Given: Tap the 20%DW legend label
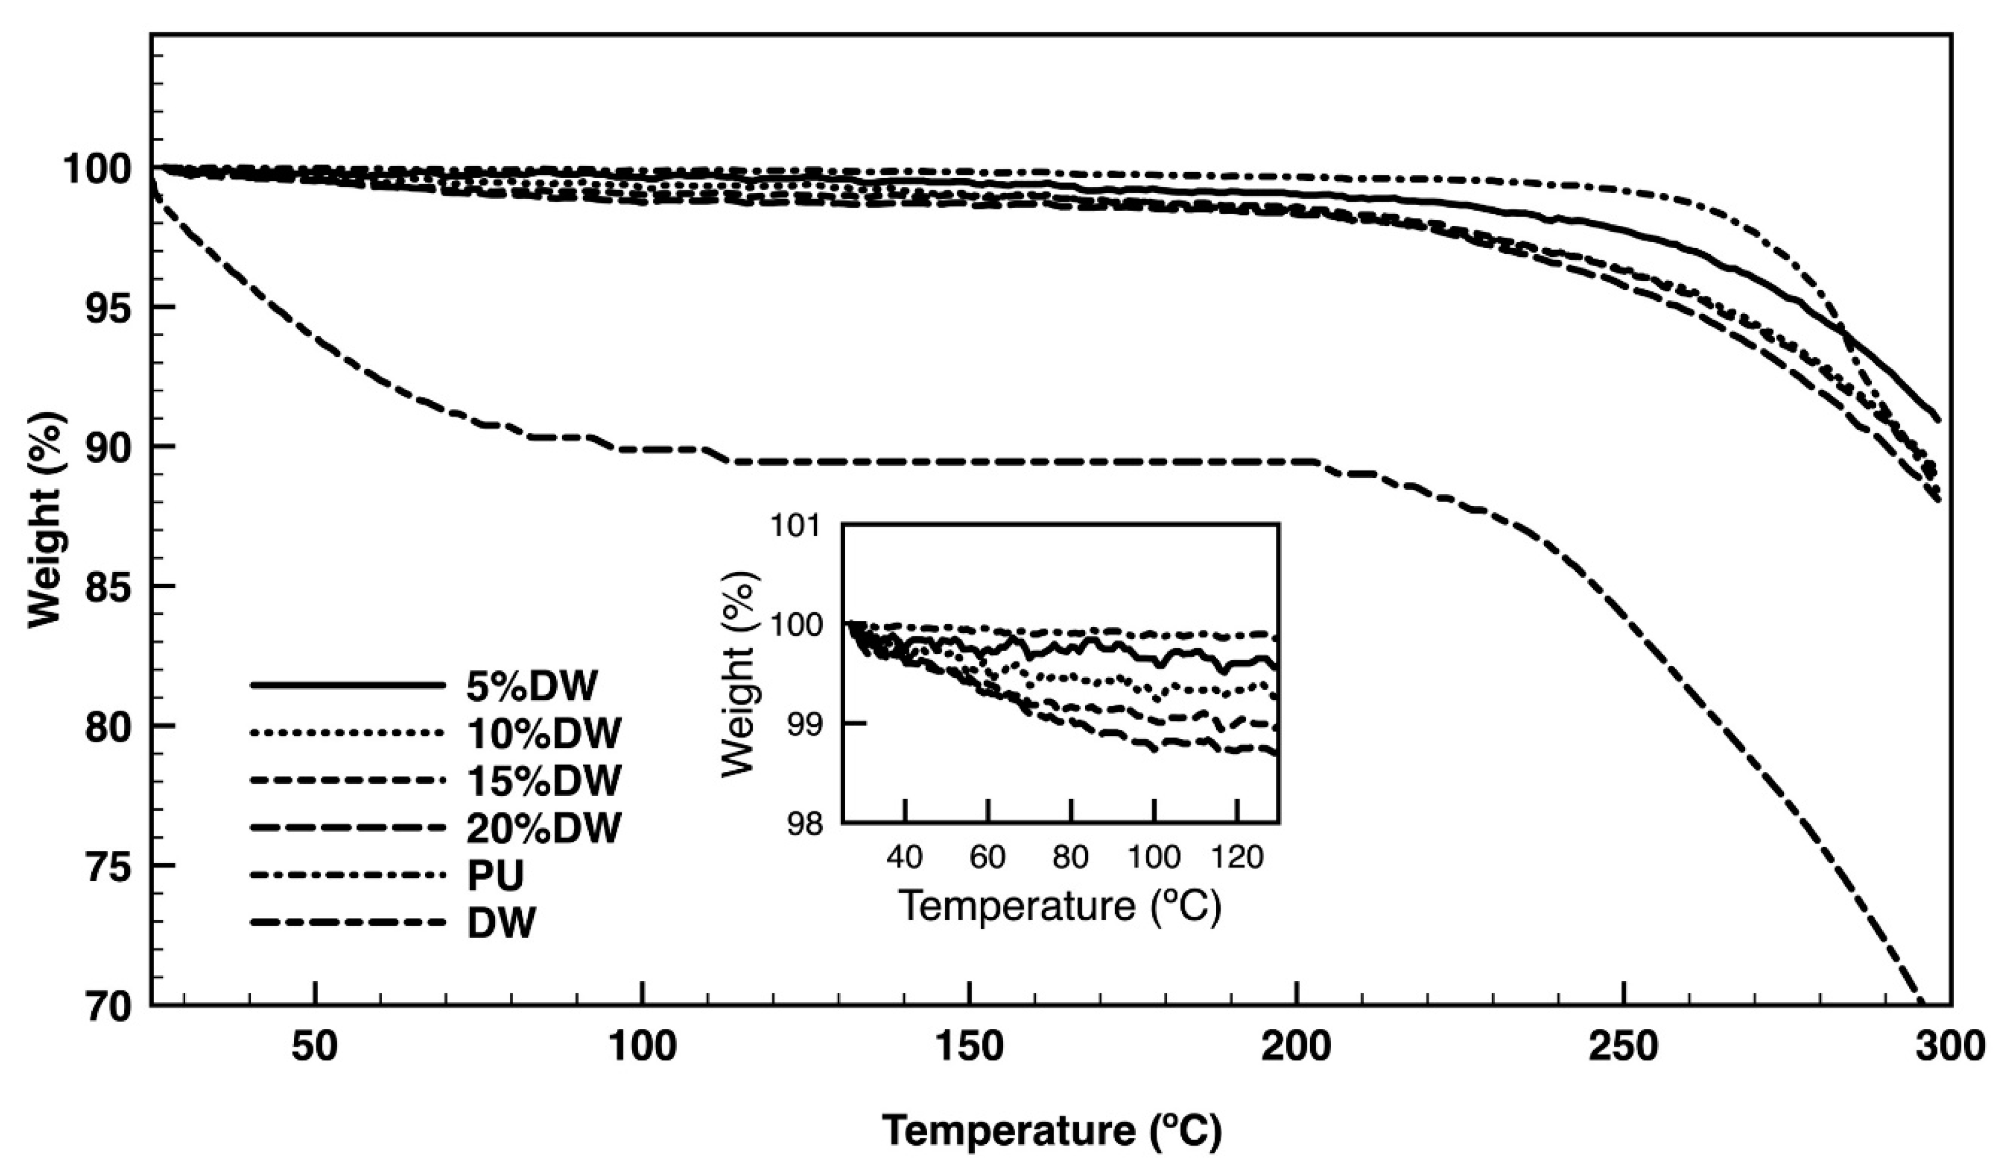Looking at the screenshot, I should pyautogui.click(x=543, y=829).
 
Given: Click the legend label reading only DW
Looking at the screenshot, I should pyautogui.click(x=502, y=924).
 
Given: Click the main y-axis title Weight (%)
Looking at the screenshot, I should pyautogui.click(x=45, y=521).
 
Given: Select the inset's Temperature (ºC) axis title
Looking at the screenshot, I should pyautogui.click(x=1059, y=906).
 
